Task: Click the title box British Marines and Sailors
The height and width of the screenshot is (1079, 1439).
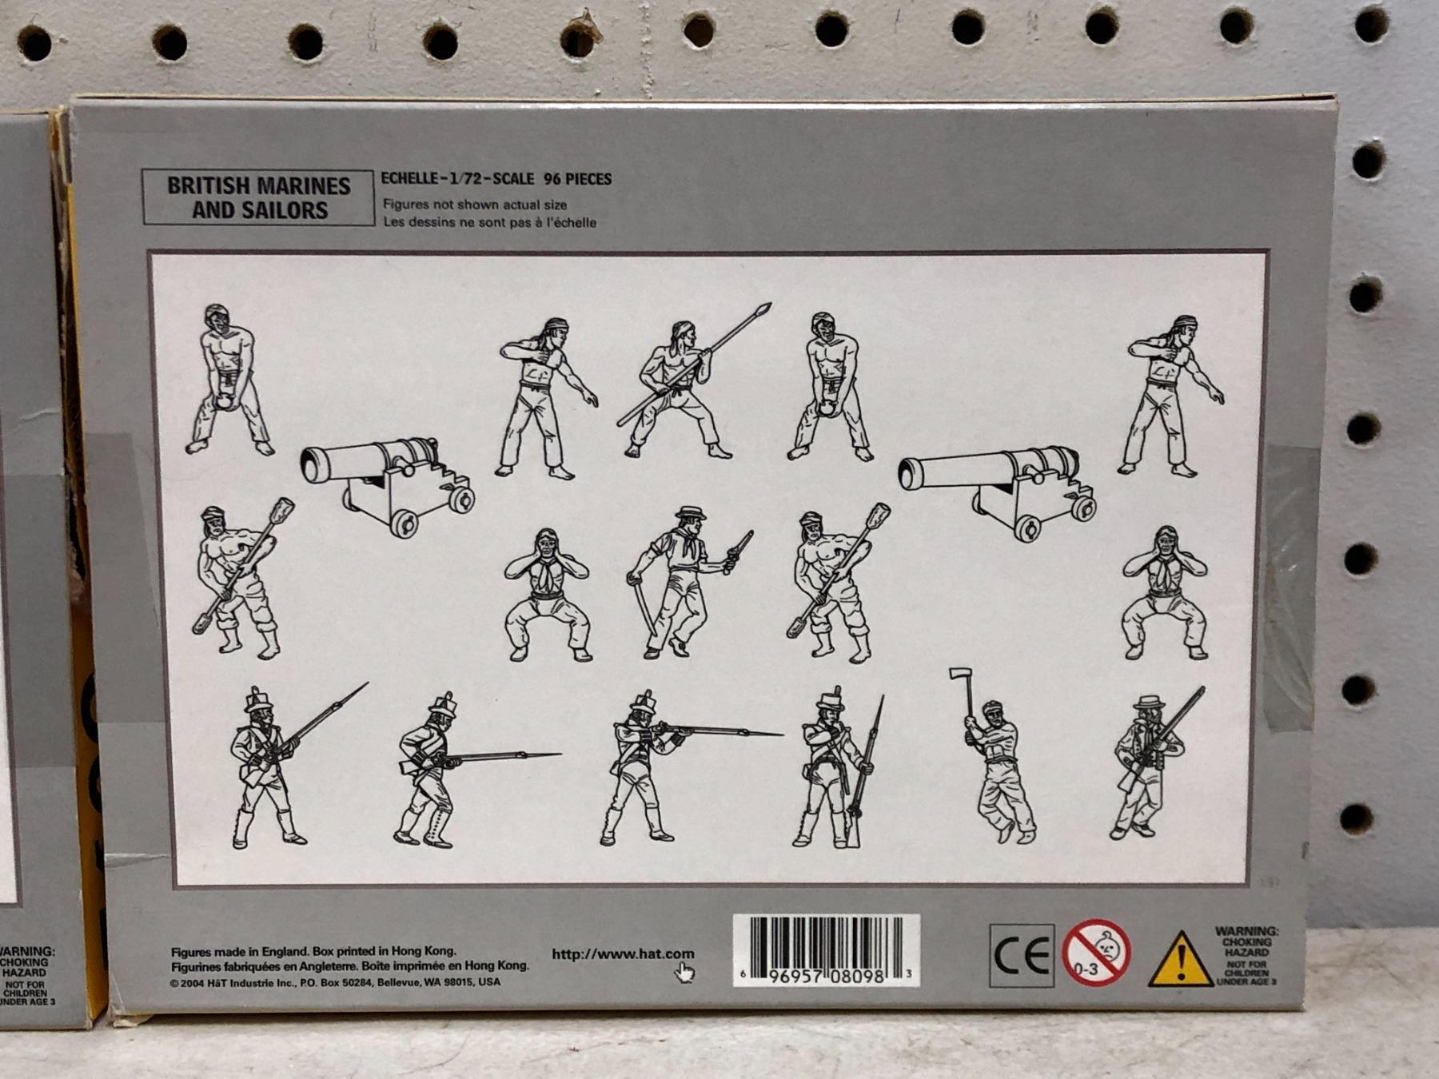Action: click(x=258, y=197)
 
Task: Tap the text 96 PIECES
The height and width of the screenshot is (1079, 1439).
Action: click(x=577, y=179)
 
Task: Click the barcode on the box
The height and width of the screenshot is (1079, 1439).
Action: click(x=827, y=950)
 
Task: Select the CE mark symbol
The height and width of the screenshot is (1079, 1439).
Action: click(x=1022, y=956)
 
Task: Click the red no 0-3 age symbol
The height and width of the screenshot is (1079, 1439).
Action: click(x=1096, y=953)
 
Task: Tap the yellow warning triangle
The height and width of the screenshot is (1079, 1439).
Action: click(x=1181, y=959)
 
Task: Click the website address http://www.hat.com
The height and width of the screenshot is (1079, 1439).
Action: click(x=623, y=954)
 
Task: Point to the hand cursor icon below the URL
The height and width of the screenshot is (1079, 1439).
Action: click(x=684, y=973)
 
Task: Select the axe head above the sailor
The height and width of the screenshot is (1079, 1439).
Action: click(x=959, y=675)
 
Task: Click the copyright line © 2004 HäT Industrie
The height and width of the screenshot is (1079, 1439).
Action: click(x=335, y=982)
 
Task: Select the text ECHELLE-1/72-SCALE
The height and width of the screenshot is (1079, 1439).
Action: click(x=457, y=179)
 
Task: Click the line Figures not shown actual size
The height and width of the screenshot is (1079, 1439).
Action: click(x=475, y=205)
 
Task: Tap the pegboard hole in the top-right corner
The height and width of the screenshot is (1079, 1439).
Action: click(x=1371, y=26)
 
